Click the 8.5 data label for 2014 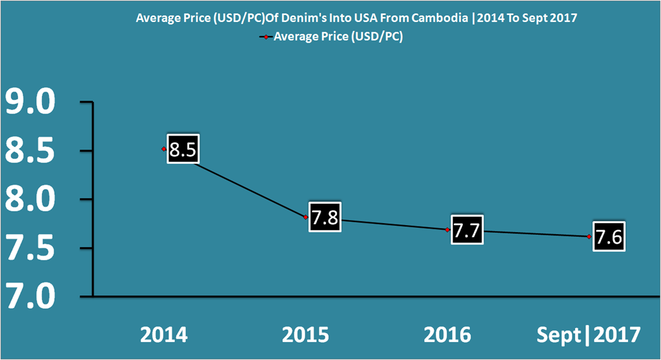(x=181, y=150)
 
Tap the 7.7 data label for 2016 (x=466, y=230)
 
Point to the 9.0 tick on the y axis (x=30, y=103)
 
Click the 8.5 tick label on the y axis (x=30, y=152)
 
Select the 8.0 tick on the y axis (x=30, y=201)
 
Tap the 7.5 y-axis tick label (x=30, y=249)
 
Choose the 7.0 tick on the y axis (x=30, y=297)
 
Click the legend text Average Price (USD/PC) (x=338, y=37)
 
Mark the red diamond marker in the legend (x=265, y=37)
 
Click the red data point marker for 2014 (x=164, y=149)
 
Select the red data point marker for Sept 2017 (x=589, y=237)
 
